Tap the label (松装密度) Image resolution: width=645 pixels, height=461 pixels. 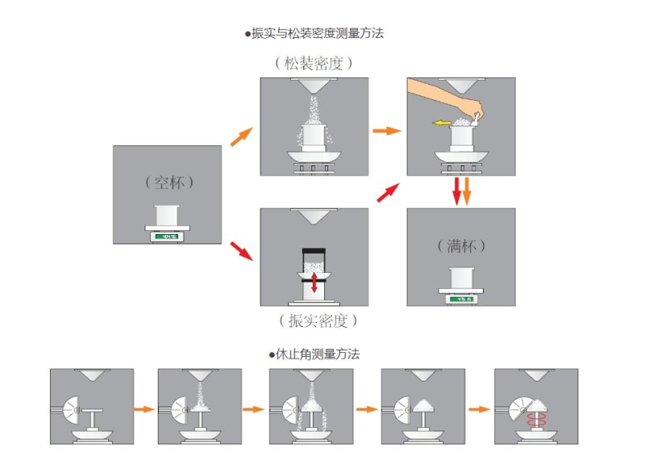click(314, 63)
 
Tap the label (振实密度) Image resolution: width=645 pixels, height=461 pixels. click(314, 321)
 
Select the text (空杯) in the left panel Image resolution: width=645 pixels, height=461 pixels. click(167, 182)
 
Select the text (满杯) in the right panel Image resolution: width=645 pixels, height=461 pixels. click(460, 245)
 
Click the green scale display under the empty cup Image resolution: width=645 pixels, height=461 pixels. click(168, 237)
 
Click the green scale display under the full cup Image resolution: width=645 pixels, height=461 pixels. click(461, 299)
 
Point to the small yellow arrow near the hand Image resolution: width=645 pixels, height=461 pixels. click(440, 124)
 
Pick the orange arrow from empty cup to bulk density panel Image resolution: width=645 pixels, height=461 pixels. click(241, 136)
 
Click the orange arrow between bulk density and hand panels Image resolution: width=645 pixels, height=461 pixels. click(387, 129)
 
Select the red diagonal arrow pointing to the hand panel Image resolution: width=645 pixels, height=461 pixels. click(388, 192)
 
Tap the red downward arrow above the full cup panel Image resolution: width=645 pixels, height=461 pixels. click(456, 191)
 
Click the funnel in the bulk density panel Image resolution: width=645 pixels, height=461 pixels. click(314, 86)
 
